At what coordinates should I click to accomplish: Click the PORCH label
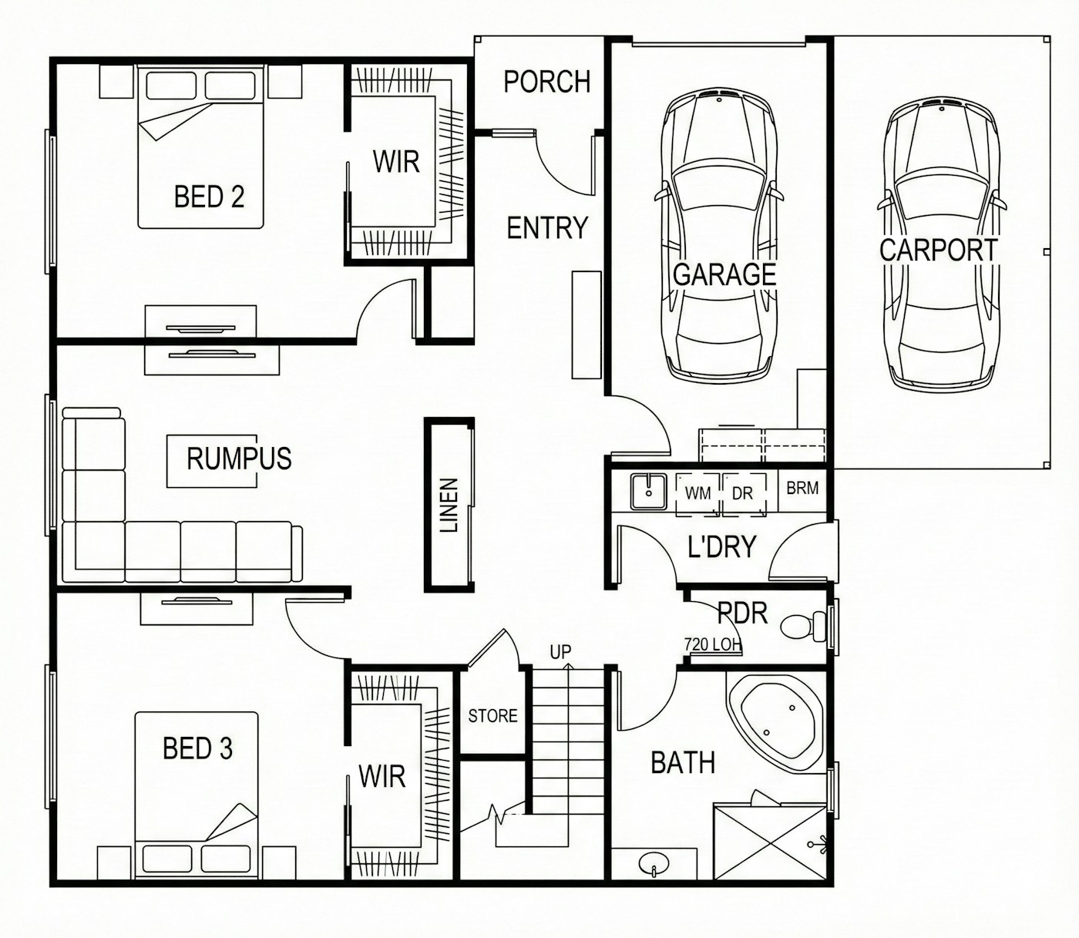[x=547, y=82]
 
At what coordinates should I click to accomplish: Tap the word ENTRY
[x=547, y=228]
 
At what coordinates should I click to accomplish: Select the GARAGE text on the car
[x=724, y=274]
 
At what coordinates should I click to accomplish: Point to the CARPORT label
[x=938, y=250]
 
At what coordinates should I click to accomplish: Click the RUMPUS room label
[x=239, y=458]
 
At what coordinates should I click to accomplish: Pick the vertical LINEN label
[x=449, y=505]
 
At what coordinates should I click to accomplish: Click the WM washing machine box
[x=697, y=495]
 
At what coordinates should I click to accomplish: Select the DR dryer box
[x=744, y=495]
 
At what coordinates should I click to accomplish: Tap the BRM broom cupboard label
[x=802, y=488]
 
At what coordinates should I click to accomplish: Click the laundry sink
[x=649, y=492]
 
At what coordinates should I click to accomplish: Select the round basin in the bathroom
[x=654, y=864]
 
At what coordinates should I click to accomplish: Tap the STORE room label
[x=492, y=716]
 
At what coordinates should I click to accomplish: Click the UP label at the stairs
[x=560, y=652]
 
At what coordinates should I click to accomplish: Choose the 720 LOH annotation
[x=712, y=644]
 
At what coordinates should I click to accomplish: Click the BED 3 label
[x=197, y=748]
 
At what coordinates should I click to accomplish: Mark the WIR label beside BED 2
[x=396, y=161]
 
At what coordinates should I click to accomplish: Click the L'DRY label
[x=722, y=546]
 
